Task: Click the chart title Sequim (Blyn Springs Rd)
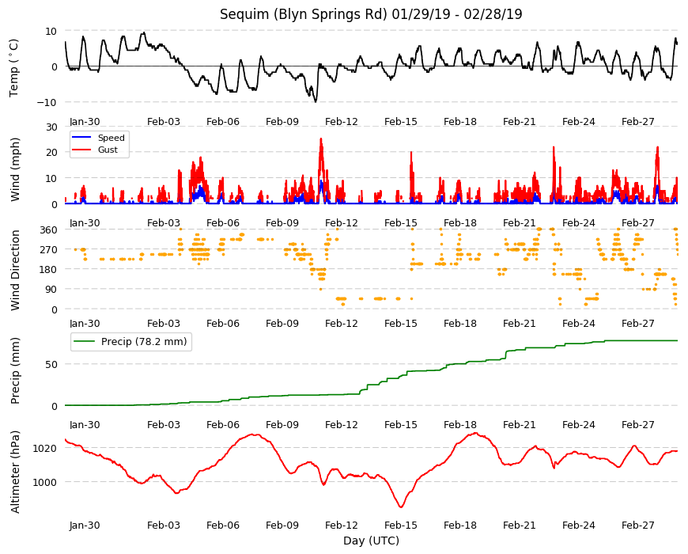point(304,14)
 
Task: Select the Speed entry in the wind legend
point(111,138)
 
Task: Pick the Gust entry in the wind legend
point(108,150)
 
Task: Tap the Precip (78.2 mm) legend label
point(144,342)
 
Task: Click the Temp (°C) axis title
point(14,68)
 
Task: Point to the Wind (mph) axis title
point(15,169)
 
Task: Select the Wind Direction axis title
point(15,270)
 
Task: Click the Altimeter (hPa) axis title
point(15,472)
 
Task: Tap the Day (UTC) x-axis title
point(371,541)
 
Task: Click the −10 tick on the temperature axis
point(47,102)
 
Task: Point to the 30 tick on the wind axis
point(51,127)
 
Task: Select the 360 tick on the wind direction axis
point(49,230)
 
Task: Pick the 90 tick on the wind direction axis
point(51,290)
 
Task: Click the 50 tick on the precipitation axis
point(51,364)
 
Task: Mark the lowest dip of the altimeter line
point(401,507)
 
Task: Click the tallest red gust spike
point(321,138)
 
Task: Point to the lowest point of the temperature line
point(316,102)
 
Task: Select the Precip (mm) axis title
point(15,371)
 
